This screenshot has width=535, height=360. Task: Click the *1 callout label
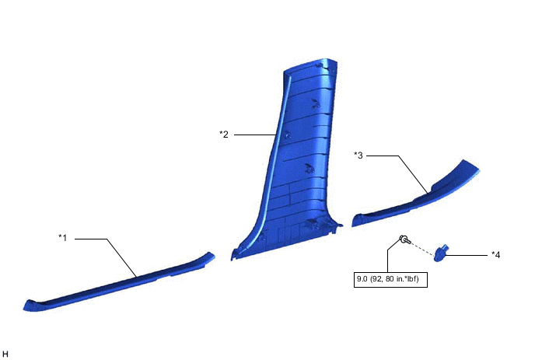65,236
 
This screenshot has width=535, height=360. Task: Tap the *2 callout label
224,134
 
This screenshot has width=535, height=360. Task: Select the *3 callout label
358,155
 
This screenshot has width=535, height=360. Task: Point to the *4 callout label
495,254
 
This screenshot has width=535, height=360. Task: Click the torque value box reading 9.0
390,274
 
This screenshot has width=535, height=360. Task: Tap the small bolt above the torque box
403,240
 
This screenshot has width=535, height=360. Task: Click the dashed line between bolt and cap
423,246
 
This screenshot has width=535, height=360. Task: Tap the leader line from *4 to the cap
467,253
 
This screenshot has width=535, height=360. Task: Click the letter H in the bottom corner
6,354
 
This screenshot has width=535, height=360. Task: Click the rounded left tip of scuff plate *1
29,306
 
